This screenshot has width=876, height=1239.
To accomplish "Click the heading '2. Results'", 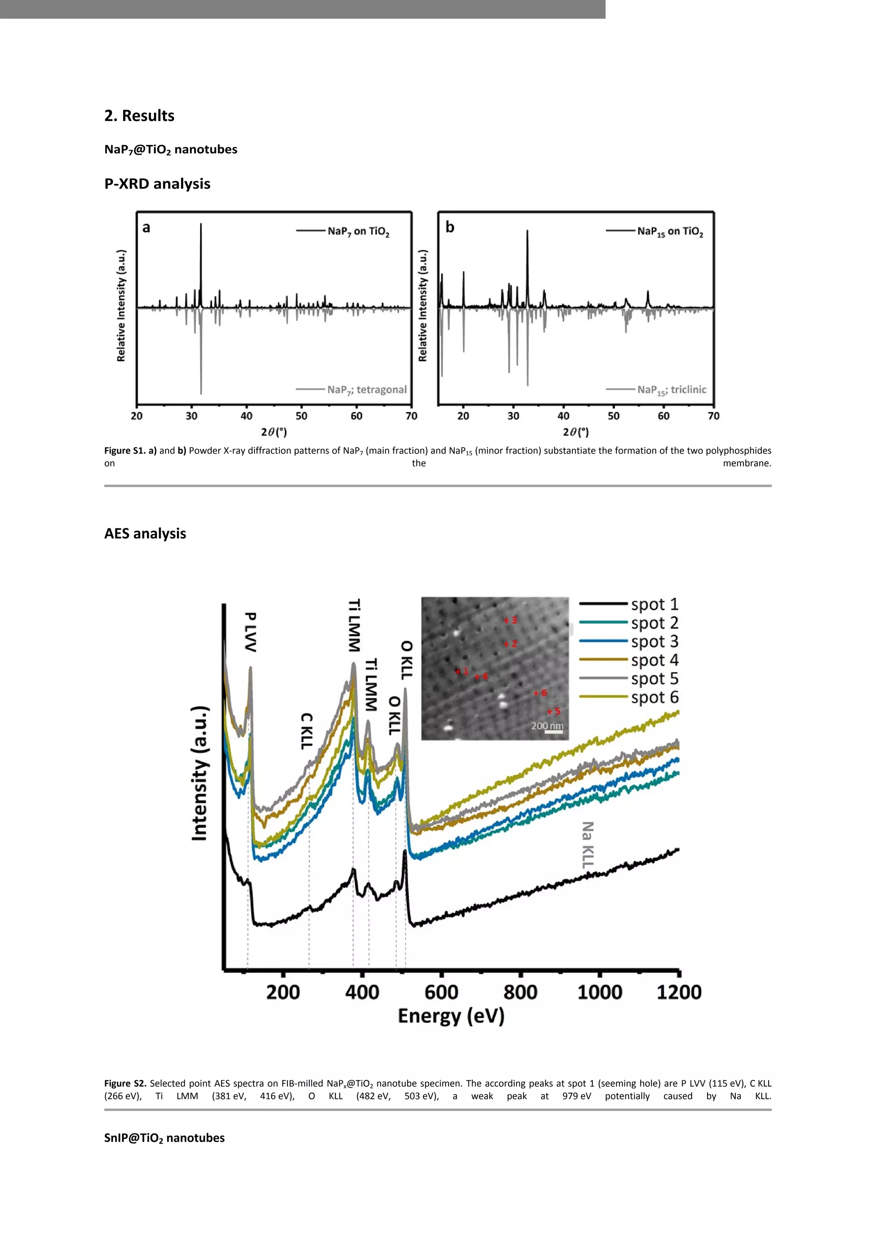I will tap(139, 116).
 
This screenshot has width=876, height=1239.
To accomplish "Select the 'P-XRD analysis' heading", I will tap(157, 184).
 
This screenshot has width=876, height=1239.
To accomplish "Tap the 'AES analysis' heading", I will tap(145, 534).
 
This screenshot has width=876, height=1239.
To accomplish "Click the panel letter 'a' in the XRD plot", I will tap(146, 228).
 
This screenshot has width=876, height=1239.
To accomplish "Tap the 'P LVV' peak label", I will tap(250, 632).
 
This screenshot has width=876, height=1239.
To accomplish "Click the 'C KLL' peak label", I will tap(306, 731).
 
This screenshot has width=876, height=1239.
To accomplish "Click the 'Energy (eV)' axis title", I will tap(451, 1016).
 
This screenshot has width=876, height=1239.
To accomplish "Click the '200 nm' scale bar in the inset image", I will tap(547, 726).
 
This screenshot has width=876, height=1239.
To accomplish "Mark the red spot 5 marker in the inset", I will tap(554, 711).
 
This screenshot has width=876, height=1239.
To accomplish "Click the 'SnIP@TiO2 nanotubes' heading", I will tap(165, 1138).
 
